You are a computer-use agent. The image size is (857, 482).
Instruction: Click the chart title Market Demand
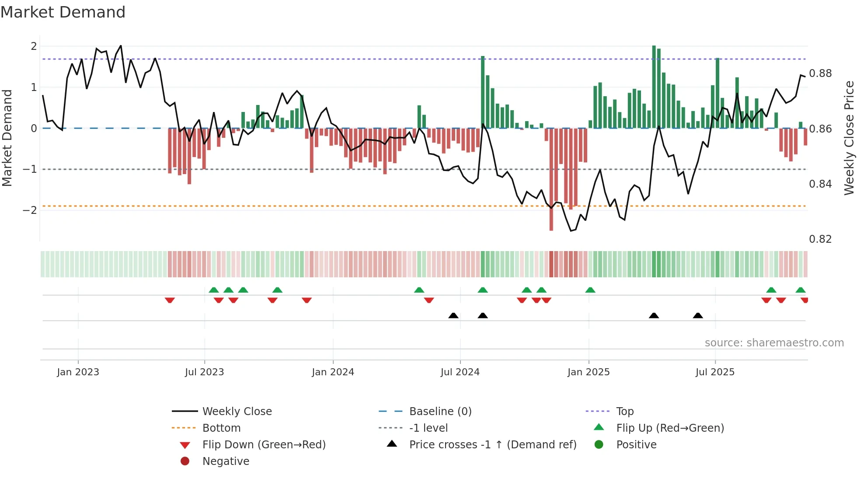(63, 12)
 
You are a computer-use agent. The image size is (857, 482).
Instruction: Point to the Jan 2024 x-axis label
(333, 372)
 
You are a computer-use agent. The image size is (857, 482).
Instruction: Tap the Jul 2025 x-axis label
(715, 372)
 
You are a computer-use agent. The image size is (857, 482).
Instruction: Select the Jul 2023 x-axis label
(204, 372)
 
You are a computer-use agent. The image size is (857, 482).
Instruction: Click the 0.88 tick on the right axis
(820, 73)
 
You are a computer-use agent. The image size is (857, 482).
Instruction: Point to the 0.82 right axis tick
(820, 239)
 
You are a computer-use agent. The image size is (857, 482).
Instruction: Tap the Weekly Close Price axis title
(849, 138)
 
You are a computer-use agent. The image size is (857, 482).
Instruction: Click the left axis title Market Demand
(7, 138)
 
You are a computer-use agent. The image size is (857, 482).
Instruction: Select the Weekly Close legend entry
(237, 412)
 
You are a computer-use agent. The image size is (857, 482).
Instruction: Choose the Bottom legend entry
(221, 428)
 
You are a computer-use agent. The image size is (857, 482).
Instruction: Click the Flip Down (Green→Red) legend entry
(264, 445)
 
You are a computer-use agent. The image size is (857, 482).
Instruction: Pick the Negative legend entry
(226, 461)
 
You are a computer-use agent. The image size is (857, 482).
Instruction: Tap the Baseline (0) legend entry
(440, 412)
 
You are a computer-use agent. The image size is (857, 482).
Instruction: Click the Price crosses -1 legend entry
(493, 445)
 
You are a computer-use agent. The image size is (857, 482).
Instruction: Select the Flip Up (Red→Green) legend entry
(670, 428)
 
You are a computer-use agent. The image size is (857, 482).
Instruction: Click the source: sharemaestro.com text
(774, 343)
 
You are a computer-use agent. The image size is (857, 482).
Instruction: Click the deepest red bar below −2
(551, 219)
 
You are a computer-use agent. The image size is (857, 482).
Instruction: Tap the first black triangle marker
(453, 315)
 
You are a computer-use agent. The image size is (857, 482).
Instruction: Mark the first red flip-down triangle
(170, 300)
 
